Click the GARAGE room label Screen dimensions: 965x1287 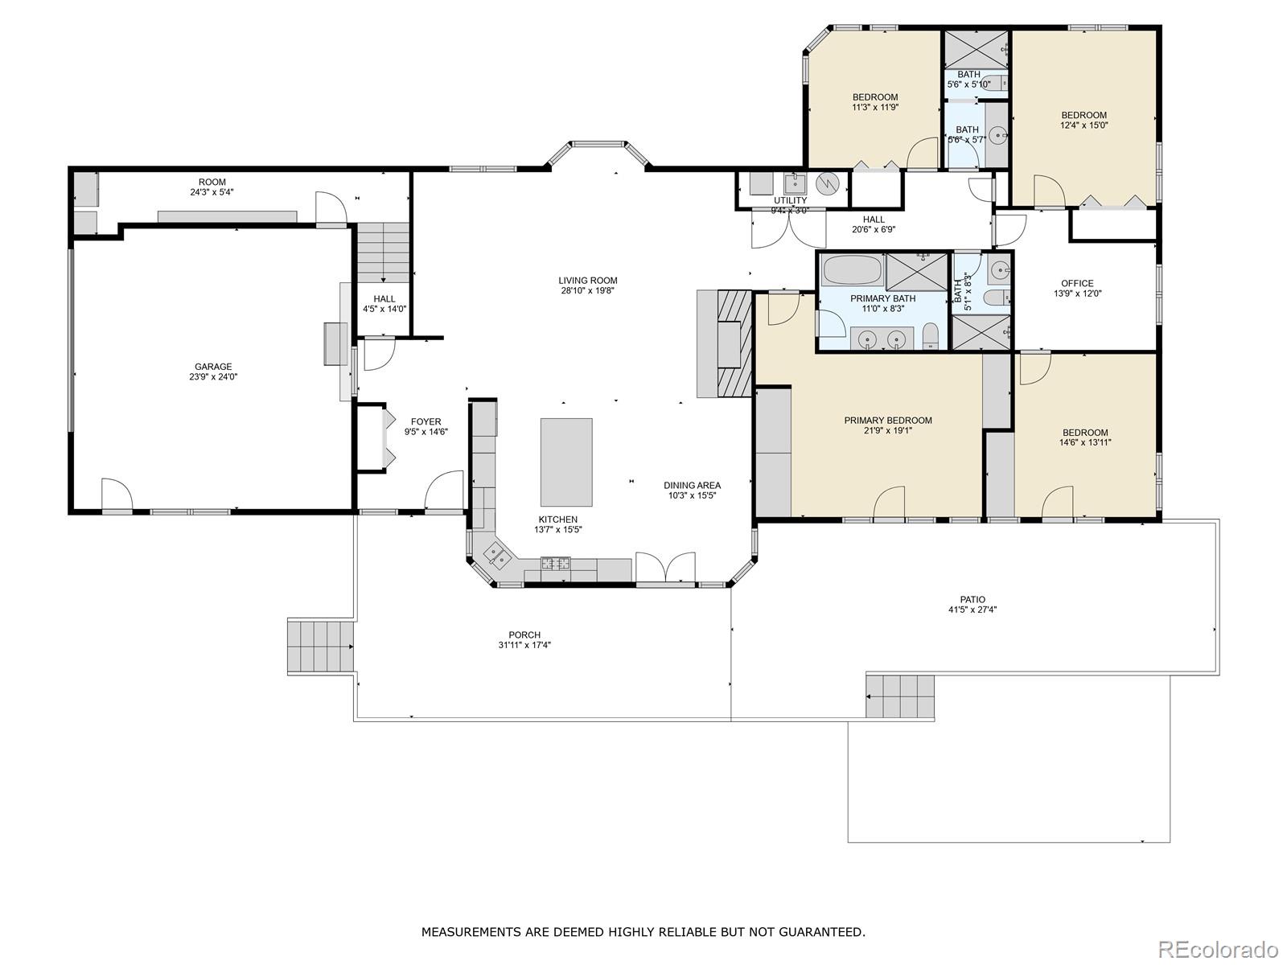click(x=213, y=367)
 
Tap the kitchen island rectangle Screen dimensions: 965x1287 click(x=566, y=462)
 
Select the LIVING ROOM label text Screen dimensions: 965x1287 click(x=588, y=281)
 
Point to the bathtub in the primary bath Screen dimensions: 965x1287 click(x=852, y=269)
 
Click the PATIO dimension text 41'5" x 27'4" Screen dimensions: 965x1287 click(x=972, y=610)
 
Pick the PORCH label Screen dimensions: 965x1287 click(x=524, y=634)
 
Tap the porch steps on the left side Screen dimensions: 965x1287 click(x=321, y=647)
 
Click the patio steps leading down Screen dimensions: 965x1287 click(x=900, y=696)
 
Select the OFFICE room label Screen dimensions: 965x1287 click(x=1077, y=283)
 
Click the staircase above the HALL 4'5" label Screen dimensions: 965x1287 click(x=384, y=253)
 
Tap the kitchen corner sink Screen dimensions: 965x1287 click(x=495, y=554)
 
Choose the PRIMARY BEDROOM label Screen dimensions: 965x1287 click(x=888, y=420)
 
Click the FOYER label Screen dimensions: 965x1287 click(x=426, y=421)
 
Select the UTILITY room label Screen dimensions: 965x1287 click(x=790, y=200)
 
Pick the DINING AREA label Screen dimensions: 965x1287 click(x=692, y=485)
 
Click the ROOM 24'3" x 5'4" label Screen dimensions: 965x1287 click(x=212, y=183)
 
